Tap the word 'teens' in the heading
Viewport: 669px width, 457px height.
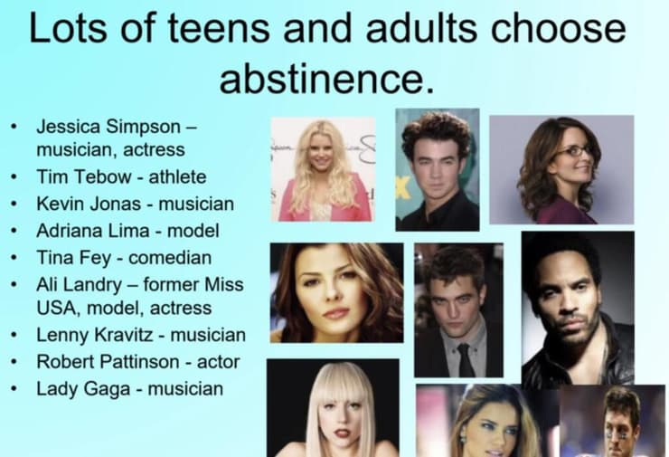(x=219, y=28)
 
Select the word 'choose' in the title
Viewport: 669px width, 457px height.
(x=559, y=28)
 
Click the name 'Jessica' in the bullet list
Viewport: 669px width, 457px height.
(x=69, y=127)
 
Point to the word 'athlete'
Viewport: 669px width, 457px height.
(x=177, y=176)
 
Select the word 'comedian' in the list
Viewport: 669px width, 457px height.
(x=170, y=258)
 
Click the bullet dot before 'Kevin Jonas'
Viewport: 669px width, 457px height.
(x=14, y=205)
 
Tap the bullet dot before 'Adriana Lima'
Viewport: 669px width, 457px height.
(x=14, y=231)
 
